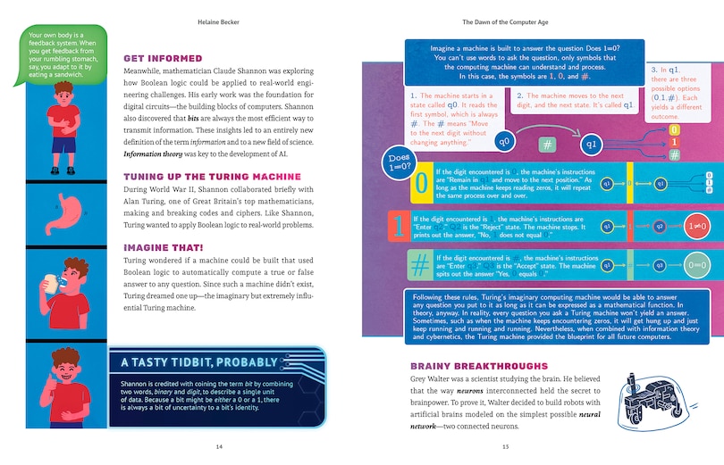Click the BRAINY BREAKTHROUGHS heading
[x=479, y=366]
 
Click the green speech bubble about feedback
[x=59, y=54]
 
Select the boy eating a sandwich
[x=64, y=286]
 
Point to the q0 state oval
[x=505, y=141]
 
